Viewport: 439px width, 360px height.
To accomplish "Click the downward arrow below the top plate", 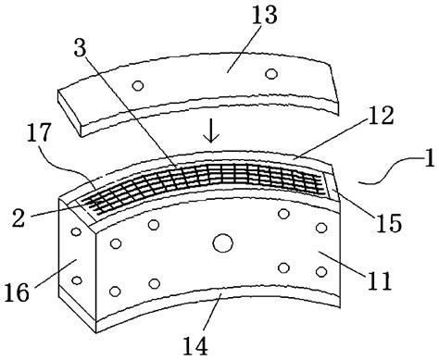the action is (x=214, y=134).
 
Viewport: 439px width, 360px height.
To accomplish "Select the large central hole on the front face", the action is (x=222, y=242).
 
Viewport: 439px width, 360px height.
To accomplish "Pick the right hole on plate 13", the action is (x=271, y=73).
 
